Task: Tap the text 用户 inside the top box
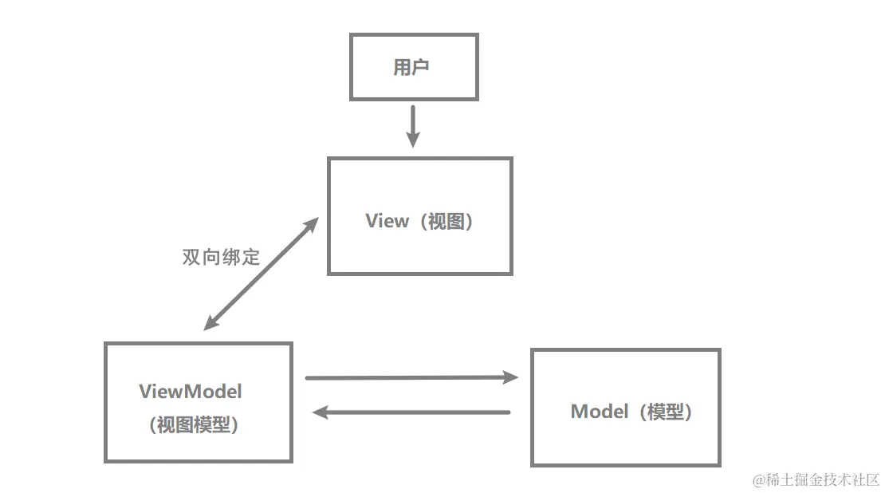click(x=411, y=67)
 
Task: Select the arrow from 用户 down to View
click(x=412, y=126)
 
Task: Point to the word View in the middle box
click(x=387, y=221)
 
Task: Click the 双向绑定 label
click(x=221, y=258)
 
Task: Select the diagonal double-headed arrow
click(x=262, y=273)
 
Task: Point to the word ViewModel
click(x=191, y=392)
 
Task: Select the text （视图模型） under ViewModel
click(x=194, y=425)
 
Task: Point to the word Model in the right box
click(x=600, y=412)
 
